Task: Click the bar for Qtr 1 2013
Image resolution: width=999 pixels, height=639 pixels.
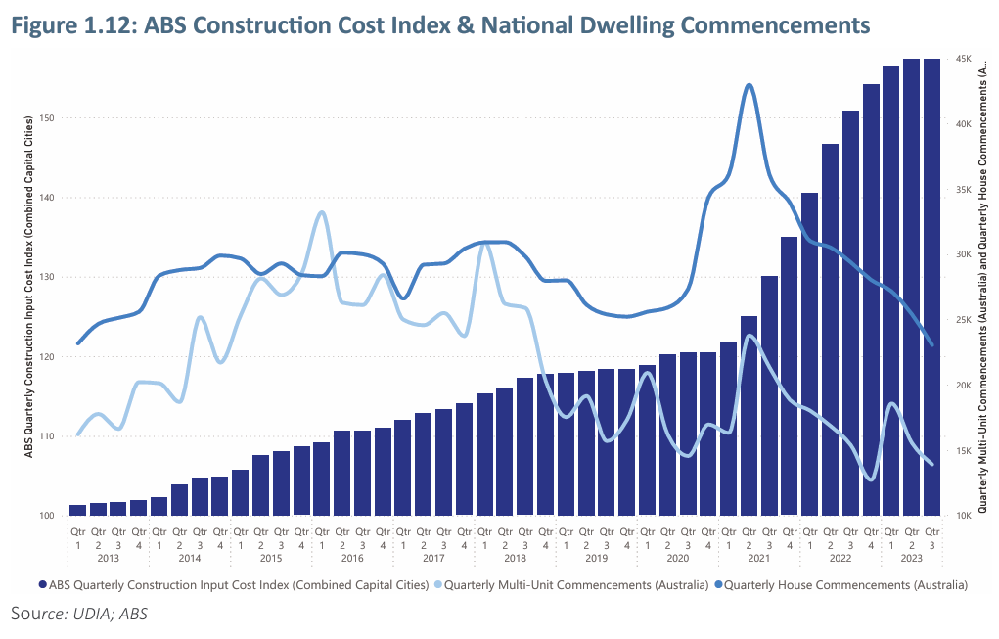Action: pos(77,509)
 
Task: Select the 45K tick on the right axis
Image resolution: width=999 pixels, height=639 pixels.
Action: pos(963,60)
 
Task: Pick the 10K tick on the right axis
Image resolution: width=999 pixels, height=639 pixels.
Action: pos(963,516)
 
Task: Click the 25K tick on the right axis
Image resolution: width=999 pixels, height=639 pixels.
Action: pos(963,320)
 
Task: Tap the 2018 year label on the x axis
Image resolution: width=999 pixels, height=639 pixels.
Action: pos(515,558)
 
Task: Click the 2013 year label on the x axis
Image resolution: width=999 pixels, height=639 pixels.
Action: pos(108,558)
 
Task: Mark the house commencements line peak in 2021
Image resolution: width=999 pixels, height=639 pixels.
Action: pos(749,85)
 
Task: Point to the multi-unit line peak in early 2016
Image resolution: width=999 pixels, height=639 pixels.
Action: pos(322,212)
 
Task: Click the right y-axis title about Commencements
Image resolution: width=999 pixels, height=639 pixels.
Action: pos(981,286)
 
